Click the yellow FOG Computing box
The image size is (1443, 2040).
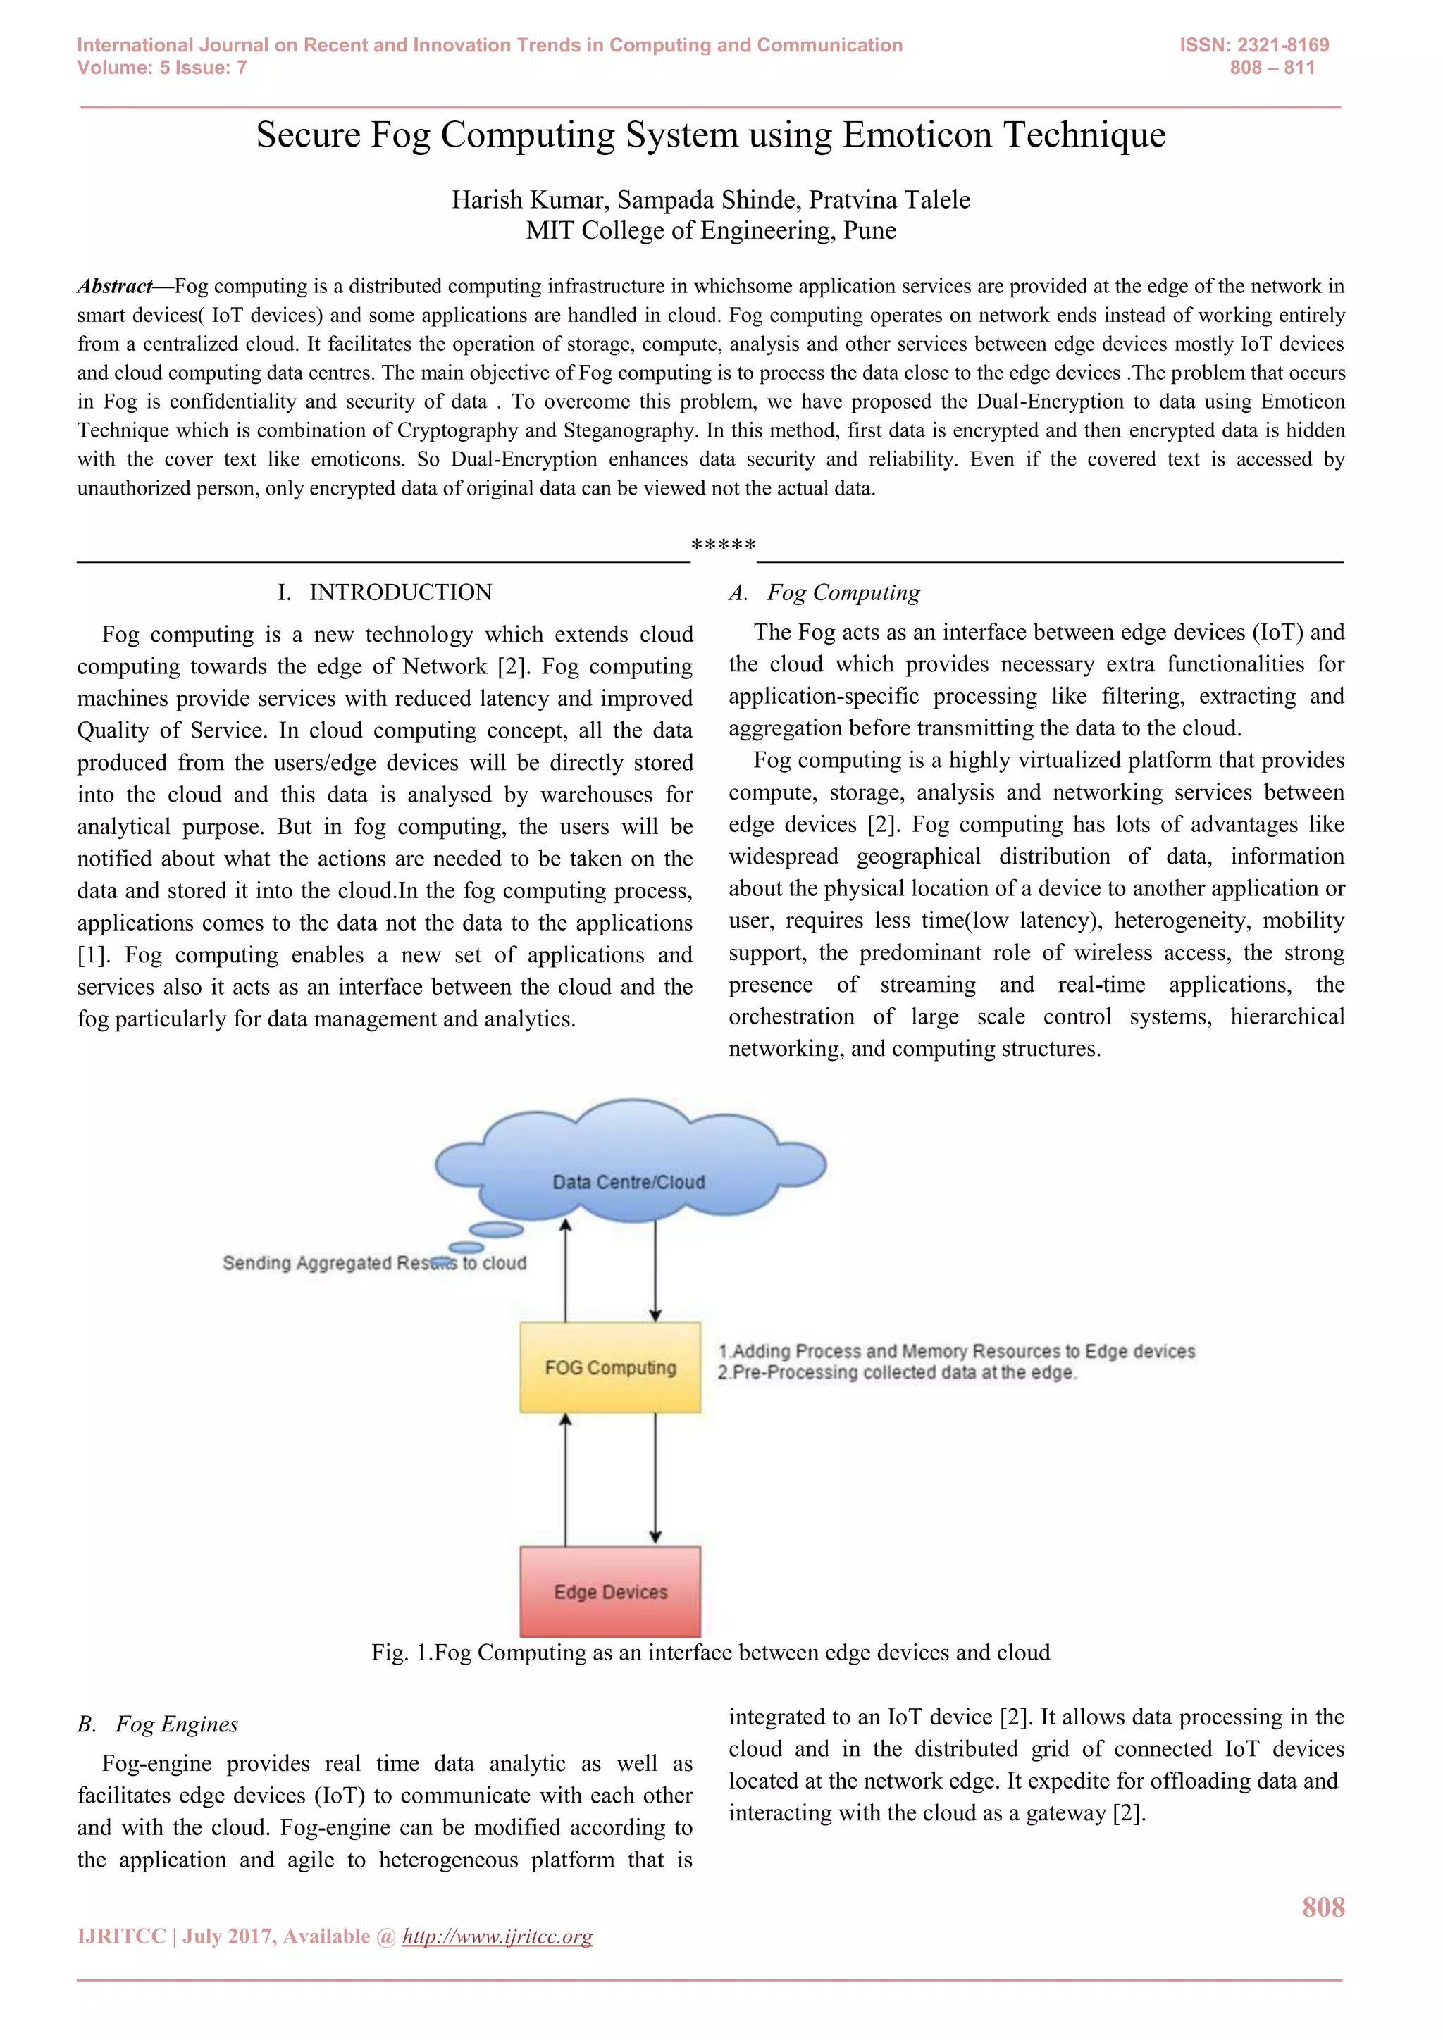pyautogui.click(x=610, y=1367)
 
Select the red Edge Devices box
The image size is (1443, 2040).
pyautogui.click(x=610, y=1591)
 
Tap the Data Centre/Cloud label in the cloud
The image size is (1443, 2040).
pyautogui.click(x=628, y=1182)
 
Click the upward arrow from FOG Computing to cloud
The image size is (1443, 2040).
pyautogui.click(x=565, y=1271)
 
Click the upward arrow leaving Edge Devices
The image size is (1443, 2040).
pyautogui.click(x=565, y=1479)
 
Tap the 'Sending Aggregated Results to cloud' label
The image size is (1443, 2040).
pyautogui.click(x=374, y=1262)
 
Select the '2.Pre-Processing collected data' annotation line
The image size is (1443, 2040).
pyautogui.click(x=898, y=1373)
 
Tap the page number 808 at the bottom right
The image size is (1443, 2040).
pyautogui.click(x=1323, y=1907)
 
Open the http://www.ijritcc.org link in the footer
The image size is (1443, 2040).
pyautogui.click(x=497, y=1936)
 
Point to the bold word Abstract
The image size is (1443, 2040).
pyautogui.click(x=115, y=286)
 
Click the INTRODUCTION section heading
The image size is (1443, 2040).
pyautogui.click(x=400, y=592)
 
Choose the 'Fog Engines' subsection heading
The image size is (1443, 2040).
pyautogui.click(x=177, y=1724)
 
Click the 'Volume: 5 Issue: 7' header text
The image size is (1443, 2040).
pyautogui.click(x=162, y=68)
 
